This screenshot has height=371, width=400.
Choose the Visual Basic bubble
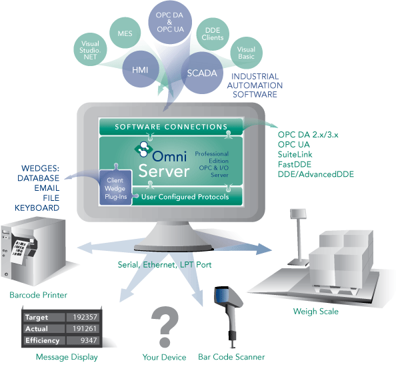(x=245, y=53)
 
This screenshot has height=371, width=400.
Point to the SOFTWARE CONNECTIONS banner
(x=171, y=127)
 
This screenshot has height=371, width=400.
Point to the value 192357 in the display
(x=81, y=317)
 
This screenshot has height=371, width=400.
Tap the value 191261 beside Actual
(x=81, y=329)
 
